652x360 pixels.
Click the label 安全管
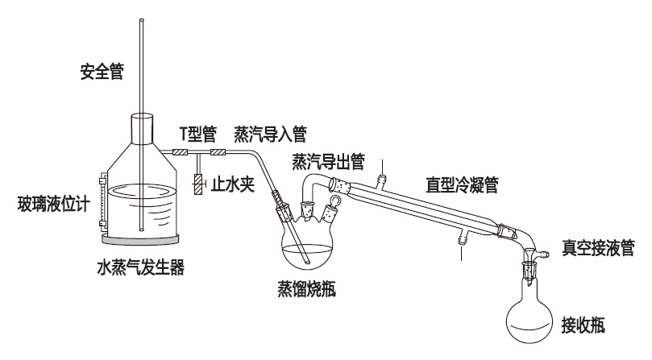coord(102,71)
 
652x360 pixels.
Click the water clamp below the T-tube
coord(197,183)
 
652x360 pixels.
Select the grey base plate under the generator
coord(141,239)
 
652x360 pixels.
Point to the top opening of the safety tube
coord(141,22)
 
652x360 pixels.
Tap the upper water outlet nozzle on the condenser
coord(384,172)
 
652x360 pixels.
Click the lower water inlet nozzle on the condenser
coord(461,240)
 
